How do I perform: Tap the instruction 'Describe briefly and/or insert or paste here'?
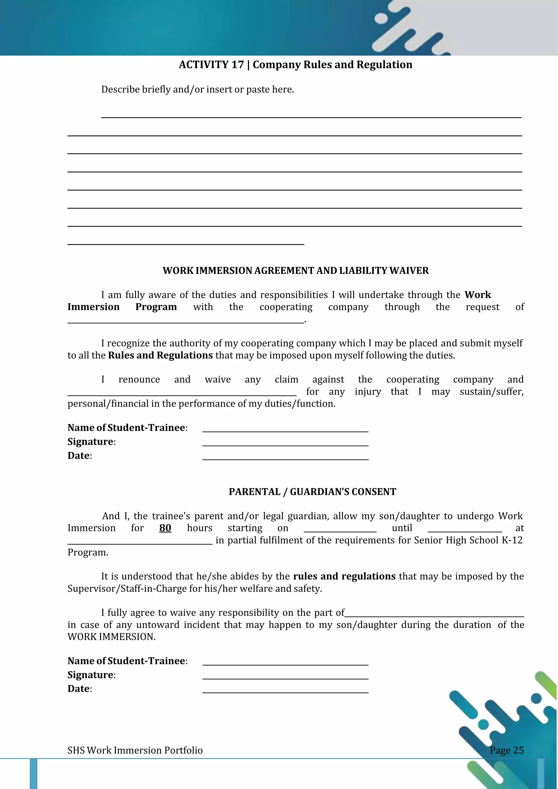point(198,89)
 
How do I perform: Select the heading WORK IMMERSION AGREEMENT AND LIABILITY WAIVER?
point(296,271)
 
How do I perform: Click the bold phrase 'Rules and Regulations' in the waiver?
point(160,355)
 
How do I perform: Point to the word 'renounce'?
point(139,380)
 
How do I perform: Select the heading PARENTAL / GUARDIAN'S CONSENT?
point(312,492)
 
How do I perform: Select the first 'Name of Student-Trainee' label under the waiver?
point(127,428)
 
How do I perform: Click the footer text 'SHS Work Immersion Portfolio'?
point(135,750)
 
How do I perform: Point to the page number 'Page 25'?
point(507,750)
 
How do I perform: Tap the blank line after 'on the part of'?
point(434,616)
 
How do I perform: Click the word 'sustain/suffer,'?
point(491,392)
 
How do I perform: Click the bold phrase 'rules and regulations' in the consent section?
point(344,576)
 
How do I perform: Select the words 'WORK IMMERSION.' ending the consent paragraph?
point(112,637)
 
